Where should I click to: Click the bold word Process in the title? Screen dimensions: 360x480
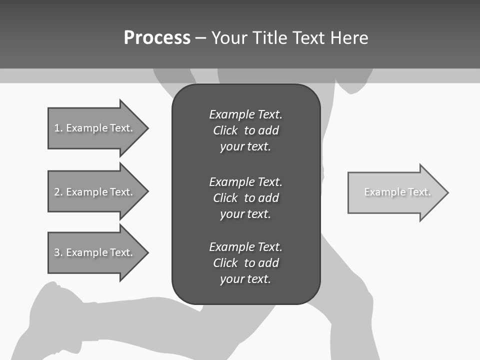(x=157, y=38)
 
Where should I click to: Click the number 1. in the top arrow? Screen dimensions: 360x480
(x=58, y=128)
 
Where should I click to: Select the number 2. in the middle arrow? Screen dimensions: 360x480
(x=58, y=192)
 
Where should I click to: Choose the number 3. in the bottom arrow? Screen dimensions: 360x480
(x=58, y=252)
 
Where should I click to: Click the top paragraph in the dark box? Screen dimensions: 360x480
(x=245, y=130)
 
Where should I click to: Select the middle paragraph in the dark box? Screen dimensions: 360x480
(x=245, y=197)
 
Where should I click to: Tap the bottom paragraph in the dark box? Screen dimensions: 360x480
(x=245, y=263)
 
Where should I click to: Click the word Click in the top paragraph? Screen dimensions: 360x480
(x=225, y=130)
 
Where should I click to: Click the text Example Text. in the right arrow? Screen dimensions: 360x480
(x=397, y=192)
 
